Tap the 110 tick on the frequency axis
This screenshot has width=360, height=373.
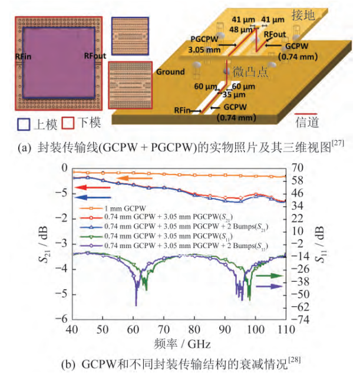(286, 329)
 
